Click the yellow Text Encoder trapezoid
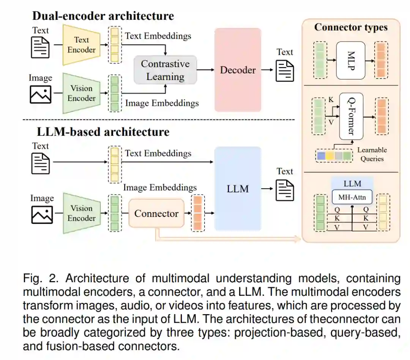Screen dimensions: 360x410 tap(81, 45)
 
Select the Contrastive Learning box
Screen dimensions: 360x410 tap(165, 70)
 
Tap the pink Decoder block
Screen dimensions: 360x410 tap(238, 70)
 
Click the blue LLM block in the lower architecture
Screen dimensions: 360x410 tap(238, 189)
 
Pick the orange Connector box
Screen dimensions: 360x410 tap(156, 214)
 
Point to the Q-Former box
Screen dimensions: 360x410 tap(350, 116)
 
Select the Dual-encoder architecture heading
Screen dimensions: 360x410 tap(103, 16)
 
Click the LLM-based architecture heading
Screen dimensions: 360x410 tap(103, 132)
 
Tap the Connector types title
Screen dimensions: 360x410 tap(351, 27)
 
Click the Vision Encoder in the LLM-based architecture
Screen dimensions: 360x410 tap(81, 213)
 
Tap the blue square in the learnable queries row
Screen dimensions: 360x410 tap(321, 156)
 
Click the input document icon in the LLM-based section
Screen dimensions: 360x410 tap(41, 162)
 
